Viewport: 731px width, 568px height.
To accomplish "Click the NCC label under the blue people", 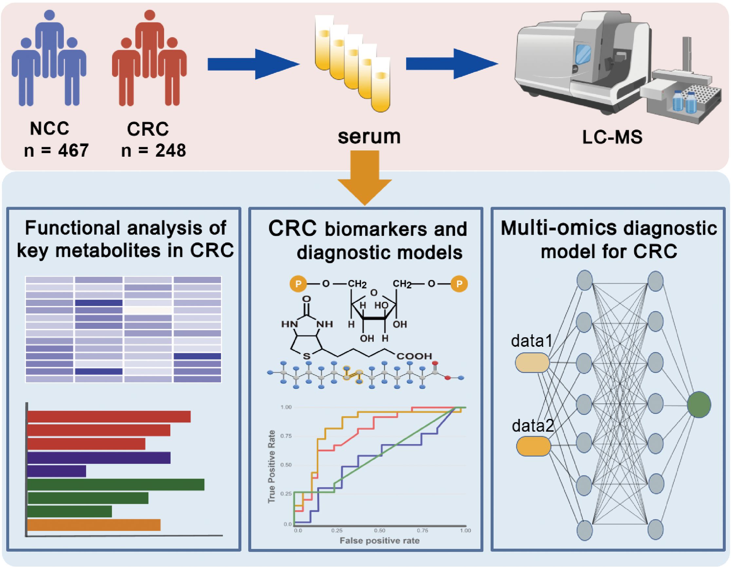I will click(x=49, y=128).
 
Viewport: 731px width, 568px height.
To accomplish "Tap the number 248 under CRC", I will click(x=170, y=151).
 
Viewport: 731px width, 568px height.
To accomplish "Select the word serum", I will click(x=369, y=137).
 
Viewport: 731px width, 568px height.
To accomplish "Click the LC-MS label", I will click(x=612, y=137).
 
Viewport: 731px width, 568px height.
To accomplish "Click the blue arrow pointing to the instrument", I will click(x=452, y=64).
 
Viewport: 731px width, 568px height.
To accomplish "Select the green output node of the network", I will click(x=699, y=404).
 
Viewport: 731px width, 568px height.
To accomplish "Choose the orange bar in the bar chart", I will click(x=94, y=525).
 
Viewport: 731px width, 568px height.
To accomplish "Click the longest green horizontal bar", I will click(x=116, y=485).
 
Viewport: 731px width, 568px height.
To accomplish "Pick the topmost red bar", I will click(x=109, y=417).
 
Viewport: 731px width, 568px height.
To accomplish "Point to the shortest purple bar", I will click(x=57, y=471).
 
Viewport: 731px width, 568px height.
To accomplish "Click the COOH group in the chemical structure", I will click(x=414, y=356).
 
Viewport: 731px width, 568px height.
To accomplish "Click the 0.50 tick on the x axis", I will click(x=380, y=531).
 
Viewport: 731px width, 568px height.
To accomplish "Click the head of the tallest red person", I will click(x=150, y=15).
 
